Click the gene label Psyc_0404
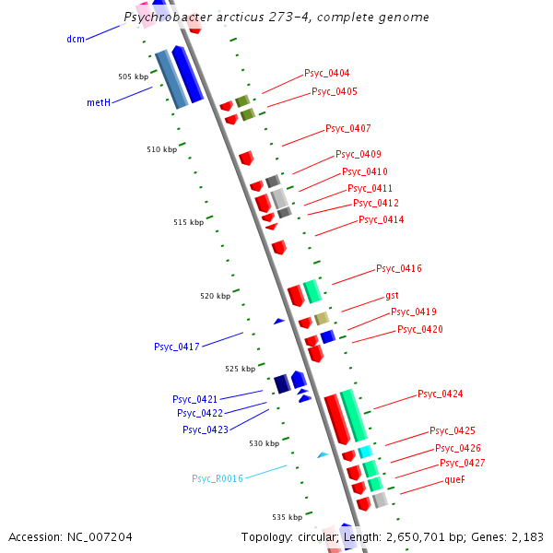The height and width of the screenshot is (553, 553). [326, 73]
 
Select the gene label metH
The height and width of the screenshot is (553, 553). [99, 102]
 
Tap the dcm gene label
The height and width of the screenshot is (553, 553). [76, 39]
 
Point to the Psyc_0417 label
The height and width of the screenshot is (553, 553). [177, 347]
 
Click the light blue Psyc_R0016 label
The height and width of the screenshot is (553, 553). [218, 478]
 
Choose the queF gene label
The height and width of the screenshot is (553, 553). [455, 479]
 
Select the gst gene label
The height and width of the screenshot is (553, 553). [392, 296]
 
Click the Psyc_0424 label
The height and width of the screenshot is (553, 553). [440, 394]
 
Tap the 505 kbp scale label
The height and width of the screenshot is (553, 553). [133, 76]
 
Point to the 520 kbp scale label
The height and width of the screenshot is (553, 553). [215, 296]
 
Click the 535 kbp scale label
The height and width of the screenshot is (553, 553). [287, 517]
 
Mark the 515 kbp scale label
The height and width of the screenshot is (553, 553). [189, 222]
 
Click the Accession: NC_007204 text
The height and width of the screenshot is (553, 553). [70, 536]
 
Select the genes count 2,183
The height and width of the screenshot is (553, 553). [526, 536]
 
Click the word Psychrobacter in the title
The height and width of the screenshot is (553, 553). [159, 18]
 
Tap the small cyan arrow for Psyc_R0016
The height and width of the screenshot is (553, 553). [323, 454]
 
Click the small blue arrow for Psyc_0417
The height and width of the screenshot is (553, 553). [278, 321]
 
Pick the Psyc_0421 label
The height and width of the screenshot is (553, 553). [194, 399]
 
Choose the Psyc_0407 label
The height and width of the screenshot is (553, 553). [347, 128]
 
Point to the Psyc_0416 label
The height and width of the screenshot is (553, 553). [398, 268]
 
